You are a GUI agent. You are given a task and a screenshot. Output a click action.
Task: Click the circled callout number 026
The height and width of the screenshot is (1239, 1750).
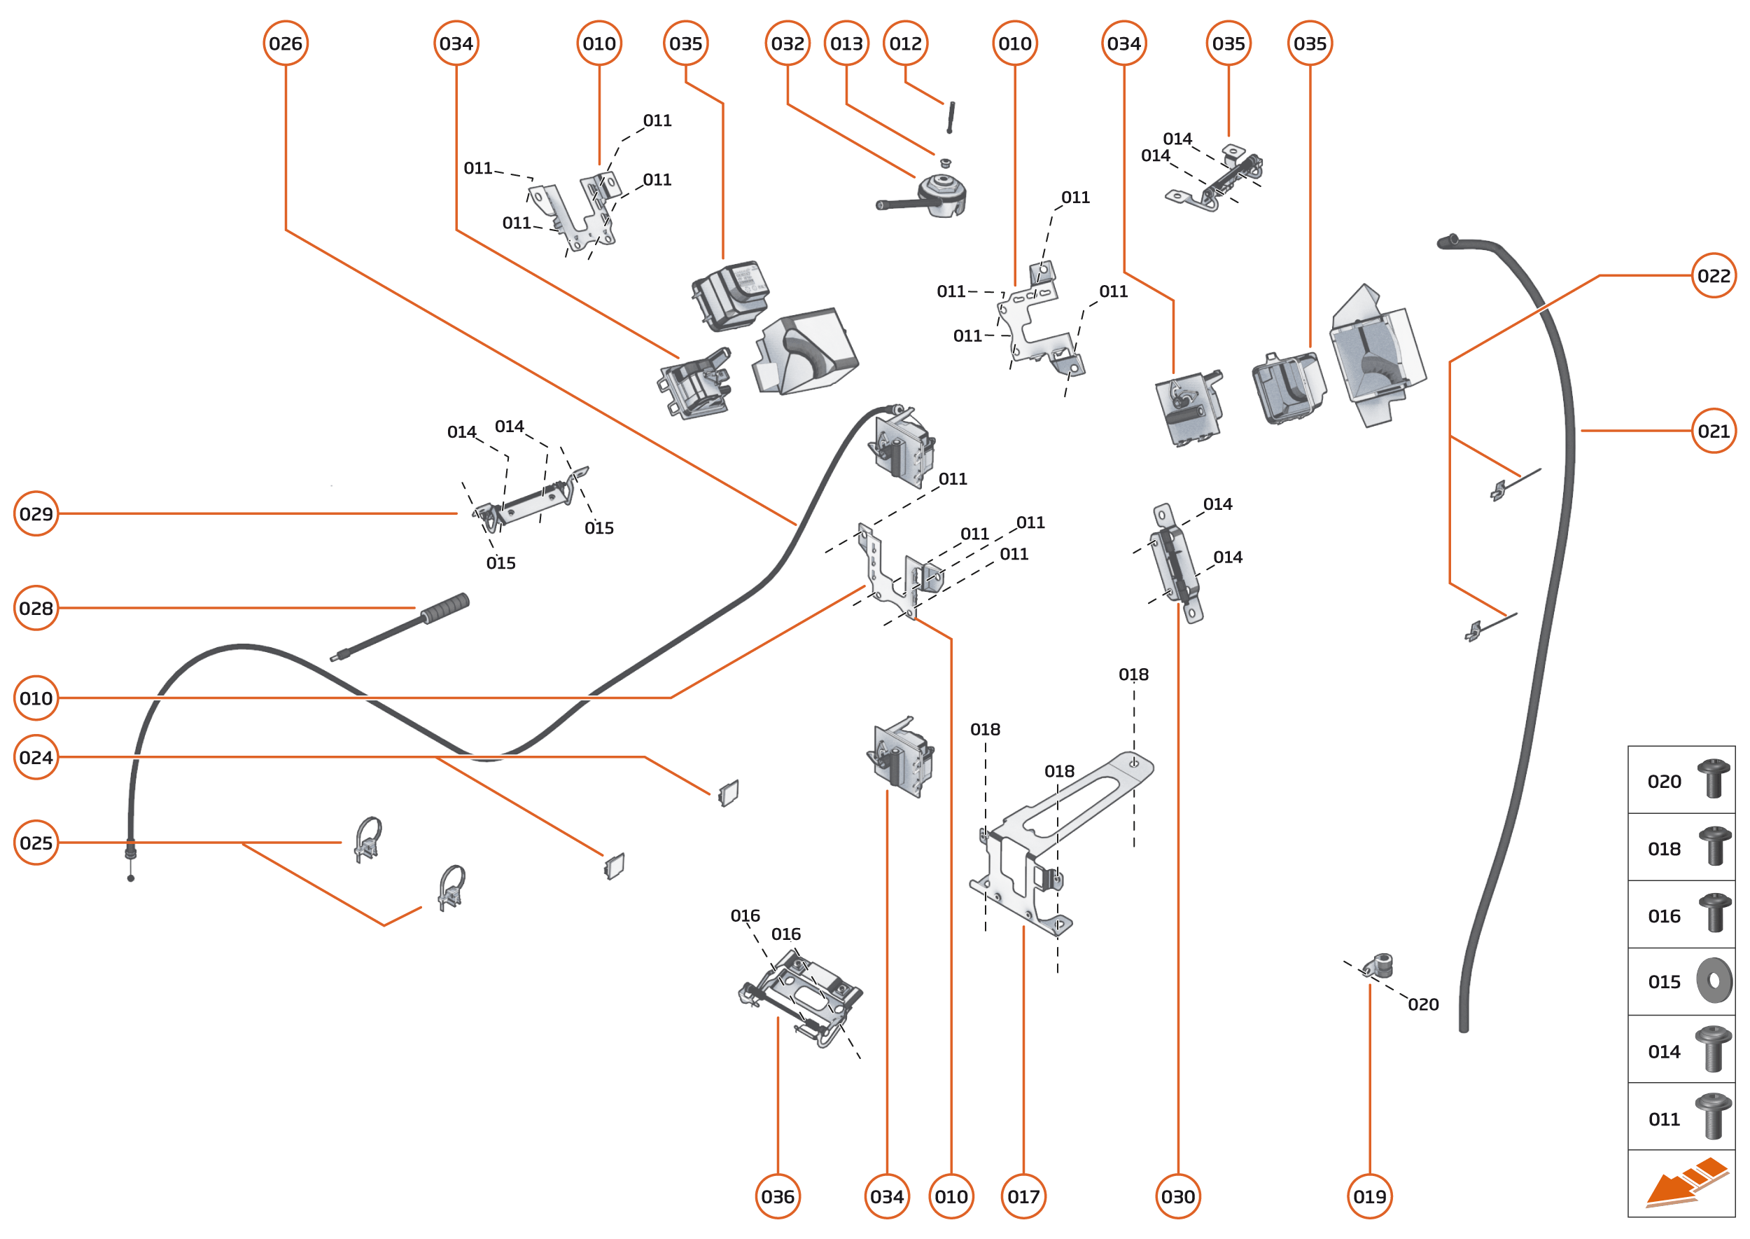(x=285, y=43)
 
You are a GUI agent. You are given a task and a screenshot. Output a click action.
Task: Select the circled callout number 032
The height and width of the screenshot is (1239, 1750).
(x=787, y=43)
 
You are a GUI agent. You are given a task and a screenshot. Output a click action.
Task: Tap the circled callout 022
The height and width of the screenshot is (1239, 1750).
(x=1714, y=275)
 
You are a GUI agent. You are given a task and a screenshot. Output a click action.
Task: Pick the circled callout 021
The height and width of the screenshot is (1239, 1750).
(x=1714, y=431)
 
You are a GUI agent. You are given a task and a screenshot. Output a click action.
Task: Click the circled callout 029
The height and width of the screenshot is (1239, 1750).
(x=36, y=513)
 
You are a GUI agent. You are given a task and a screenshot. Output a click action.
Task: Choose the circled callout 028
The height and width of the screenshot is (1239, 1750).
(x=36, y=608)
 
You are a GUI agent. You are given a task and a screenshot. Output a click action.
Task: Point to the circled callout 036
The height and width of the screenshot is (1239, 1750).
(x=777, y=1196)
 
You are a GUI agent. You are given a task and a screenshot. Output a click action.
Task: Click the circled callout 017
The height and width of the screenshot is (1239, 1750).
(x=1023, y=1196)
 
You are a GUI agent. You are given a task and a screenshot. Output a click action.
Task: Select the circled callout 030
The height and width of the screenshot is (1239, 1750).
(x=1178, y=1196)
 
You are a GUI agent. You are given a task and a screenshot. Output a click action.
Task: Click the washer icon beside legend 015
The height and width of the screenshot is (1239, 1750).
(x=1714, y=981)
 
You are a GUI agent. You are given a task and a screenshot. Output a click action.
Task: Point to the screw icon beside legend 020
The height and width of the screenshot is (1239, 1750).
(x=1714, y=778)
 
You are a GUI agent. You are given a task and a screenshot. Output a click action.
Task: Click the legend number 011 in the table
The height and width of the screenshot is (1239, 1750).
(x=1664, y=1119)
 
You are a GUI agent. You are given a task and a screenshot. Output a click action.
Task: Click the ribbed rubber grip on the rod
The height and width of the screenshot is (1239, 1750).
(x=445, y=608)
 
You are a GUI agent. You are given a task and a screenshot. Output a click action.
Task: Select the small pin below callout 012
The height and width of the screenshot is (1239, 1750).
(x=951, y=117)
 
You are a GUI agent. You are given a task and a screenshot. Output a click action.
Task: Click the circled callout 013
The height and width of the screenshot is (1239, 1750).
(x=846, y=43)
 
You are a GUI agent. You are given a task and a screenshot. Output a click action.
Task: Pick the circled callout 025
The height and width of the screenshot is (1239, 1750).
(x=36, y=843)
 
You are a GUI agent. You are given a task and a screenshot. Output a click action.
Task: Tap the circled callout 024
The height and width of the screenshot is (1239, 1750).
(x=36, y=757)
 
